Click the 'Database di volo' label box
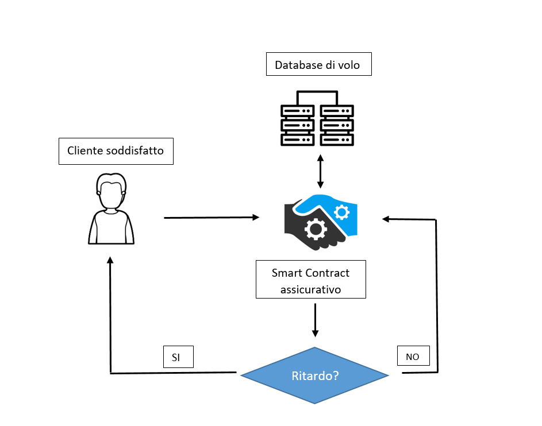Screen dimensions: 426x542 [318, 64]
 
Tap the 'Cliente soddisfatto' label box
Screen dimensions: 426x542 [116, 151]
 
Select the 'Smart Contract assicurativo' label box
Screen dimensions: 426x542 [310, 280]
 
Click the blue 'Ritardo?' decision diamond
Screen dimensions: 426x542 [314, 376]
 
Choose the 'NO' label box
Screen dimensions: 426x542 [413, 357]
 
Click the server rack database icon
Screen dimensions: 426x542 [317, 118]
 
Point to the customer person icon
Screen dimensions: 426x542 [112, 209]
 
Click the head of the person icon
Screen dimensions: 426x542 [111, 190]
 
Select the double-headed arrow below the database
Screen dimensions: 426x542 [320, 171]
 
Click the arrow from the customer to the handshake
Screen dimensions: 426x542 [211, 218]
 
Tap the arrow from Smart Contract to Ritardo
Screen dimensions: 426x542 [314, 320]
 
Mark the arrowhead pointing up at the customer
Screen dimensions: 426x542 [110, 260]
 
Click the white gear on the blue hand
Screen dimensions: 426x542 [341, 212]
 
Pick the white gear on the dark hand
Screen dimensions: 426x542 [315, 229]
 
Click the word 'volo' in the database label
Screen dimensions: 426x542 [348, 65]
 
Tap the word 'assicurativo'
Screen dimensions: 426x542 [310, 289]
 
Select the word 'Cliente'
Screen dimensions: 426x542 [86, 151]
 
